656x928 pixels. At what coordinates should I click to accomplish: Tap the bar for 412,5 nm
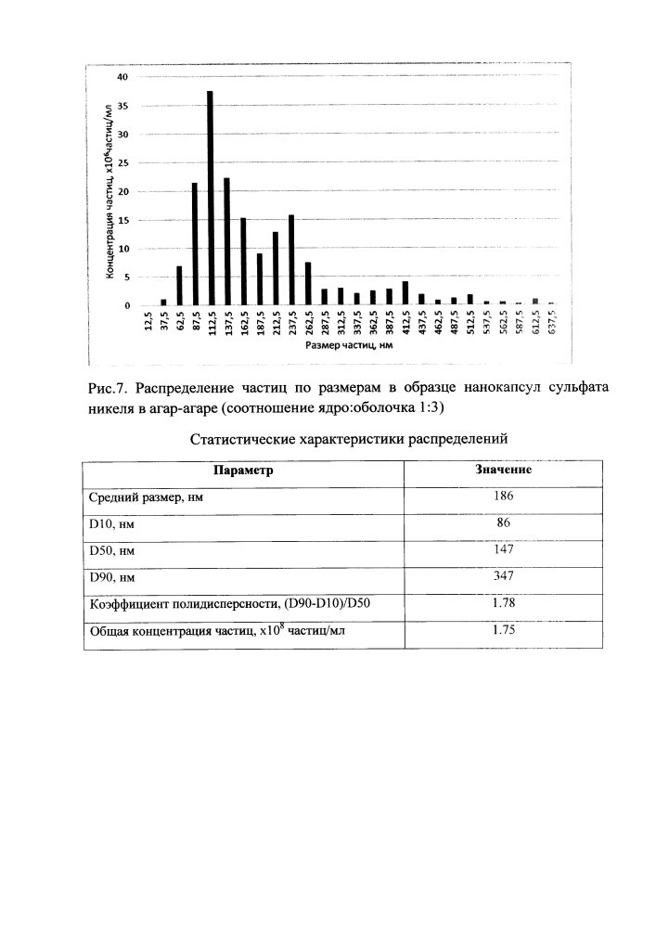pyautogui.click(x=405, y=293)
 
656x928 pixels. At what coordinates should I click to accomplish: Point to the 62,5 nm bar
pyautogui.click(x=179, y=286)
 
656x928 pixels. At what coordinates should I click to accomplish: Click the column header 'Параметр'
pyautogui.click(x=244, y=470)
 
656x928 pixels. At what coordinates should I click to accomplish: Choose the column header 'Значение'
pyautogui.click(x=504, y=470)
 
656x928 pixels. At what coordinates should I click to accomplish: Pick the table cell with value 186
pyautogui.click(x=504, y=496)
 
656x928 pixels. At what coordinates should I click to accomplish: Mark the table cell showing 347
pyautogui.click(x=504, y=576)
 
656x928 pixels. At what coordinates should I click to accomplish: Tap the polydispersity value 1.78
pyautogui.click(x=504, y=603)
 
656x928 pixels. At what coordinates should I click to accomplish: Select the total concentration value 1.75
pyautogui.click(x=504, y=630)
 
